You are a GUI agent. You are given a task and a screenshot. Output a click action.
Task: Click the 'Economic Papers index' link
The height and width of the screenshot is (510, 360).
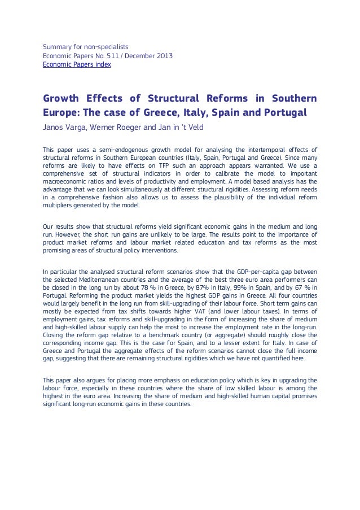[77, 65]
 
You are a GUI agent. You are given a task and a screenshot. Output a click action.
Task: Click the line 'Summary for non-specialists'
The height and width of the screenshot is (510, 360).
[86, 46]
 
